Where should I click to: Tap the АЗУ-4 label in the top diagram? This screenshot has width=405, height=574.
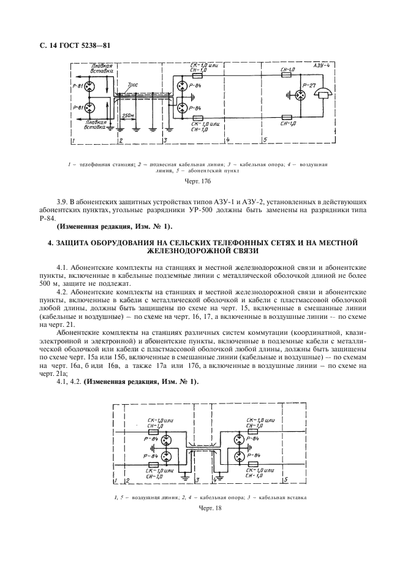pos(322,66)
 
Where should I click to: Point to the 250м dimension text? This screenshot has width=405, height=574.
pos(128,115)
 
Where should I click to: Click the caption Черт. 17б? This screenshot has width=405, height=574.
pos(202,181)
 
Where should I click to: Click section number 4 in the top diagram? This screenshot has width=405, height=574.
pos(227,140)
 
